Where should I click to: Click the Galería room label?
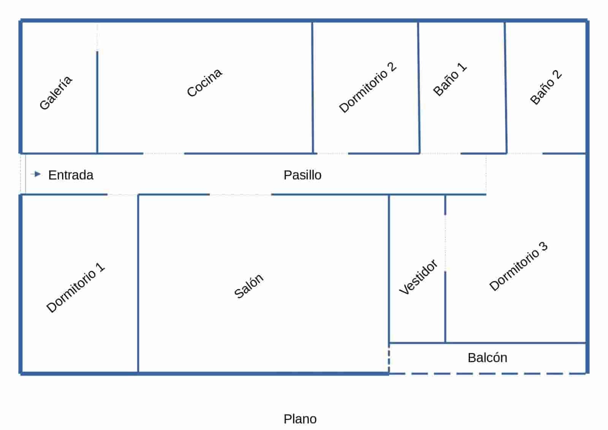point(56,93)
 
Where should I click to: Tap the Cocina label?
point(204,82)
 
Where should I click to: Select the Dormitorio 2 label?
point(367,87)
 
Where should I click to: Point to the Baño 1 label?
point(450,79)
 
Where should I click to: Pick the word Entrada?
point(71,175)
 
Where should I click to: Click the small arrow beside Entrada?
point(36,174)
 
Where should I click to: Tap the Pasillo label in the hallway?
point(302,175)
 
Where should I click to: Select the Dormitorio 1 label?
point(75,288)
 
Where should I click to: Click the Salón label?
point(249,286)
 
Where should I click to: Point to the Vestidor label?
point(418,277)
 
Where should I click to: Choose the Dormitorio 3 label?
point(518,266)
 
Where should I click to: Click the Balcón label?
point(487,358)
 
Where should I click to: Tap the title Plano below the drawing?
point(300,419)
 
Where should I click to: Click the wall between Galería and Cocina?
point(97,103)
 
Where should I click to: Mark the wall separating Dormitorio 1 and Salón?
point(138,283)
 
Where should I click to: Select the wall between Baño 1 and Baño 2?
point(506,87)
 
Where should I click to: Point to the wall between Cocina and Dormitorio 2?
point(313,87)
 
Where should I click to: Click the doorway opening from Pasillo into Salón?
point(240,194)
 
